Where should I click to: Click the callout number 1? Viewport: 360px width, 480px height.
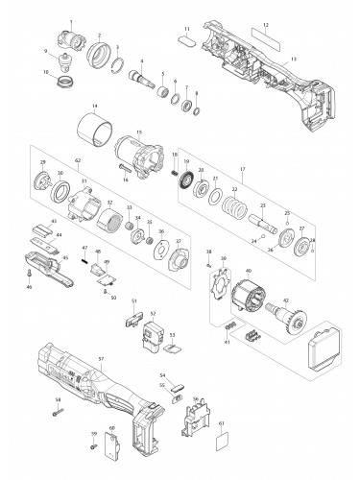pyautogui.click(x=71, y=20)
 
